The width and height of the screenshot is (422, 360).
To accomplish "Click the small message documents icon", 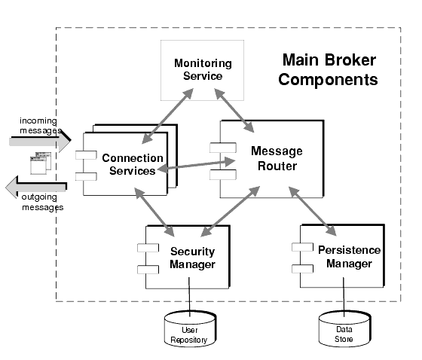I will point(37,163).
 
